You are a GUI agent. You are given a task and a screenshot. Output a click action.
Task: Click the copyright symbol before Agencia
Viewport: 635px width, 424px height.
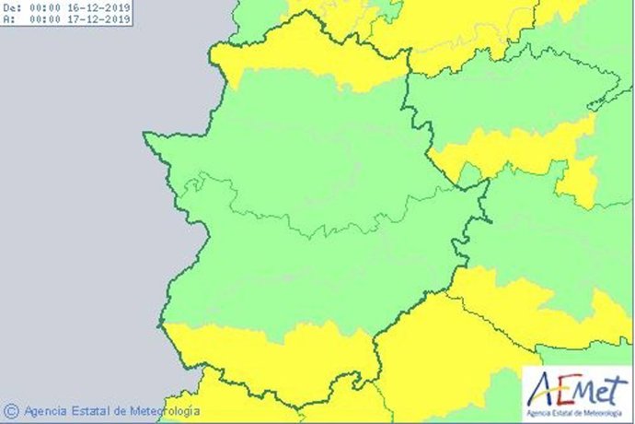pos(11,410)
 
